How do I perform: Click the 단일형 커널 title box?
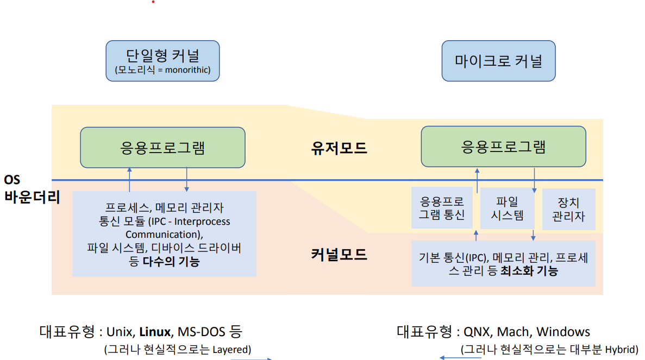pos(162,60)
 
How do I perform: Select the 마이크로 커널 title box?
pos(498,60)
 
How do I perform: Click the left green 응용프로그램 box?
pos(162,147)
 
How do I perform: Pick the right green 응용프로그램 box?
pos(503,146)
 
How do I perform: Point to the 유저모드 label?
pos(339,148)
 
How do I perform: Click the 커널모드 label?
pos(339,254)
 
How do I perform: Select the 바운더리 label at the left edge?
pos(32,197)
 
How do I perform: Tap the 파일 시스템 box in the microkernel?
pos(507,209)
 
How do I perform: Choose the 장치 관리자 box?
pos(568,209)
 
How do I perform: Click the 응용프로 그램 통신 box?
pos(442,209)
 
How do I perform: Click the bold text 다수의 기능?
pos(171,262)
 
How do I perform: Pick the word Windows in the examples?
pos(563,331)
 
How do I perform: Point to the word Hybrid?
pos(621,349)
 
